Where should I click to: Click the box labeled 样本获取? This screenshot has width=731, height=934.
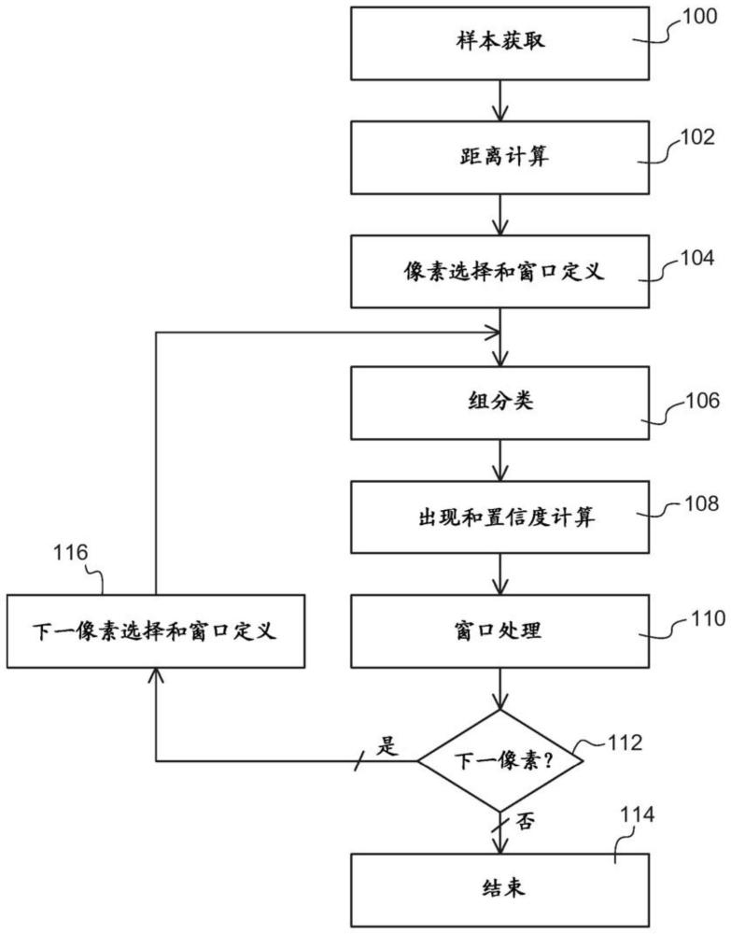501,43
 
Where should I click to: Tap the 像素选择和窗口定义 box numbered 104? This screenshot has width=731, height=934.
501,272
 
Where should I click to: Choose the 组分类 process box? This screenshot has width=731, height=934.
501,402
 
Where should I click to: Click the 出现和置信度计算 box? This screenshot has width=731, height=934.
501,516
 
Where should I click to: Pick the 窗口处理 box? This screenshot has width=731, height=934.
501,630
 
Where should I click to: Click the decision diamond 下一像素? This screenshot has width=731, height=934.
501,760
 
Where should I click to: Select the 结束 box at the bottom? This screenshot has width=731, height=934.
501,888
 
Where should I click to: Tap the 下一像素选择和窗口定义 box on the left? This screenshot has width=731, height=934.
155,630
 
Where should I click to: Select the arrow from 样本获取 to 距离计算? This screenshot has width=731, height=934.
501,100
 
